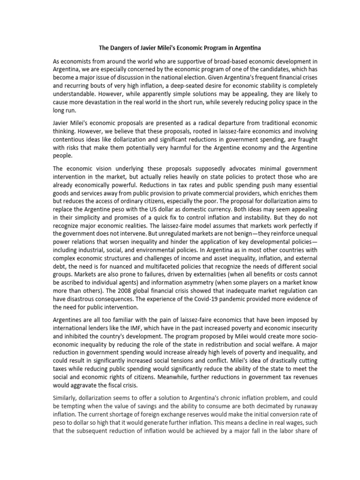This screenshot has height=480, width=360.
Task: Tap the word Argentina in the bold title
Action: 247,48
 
